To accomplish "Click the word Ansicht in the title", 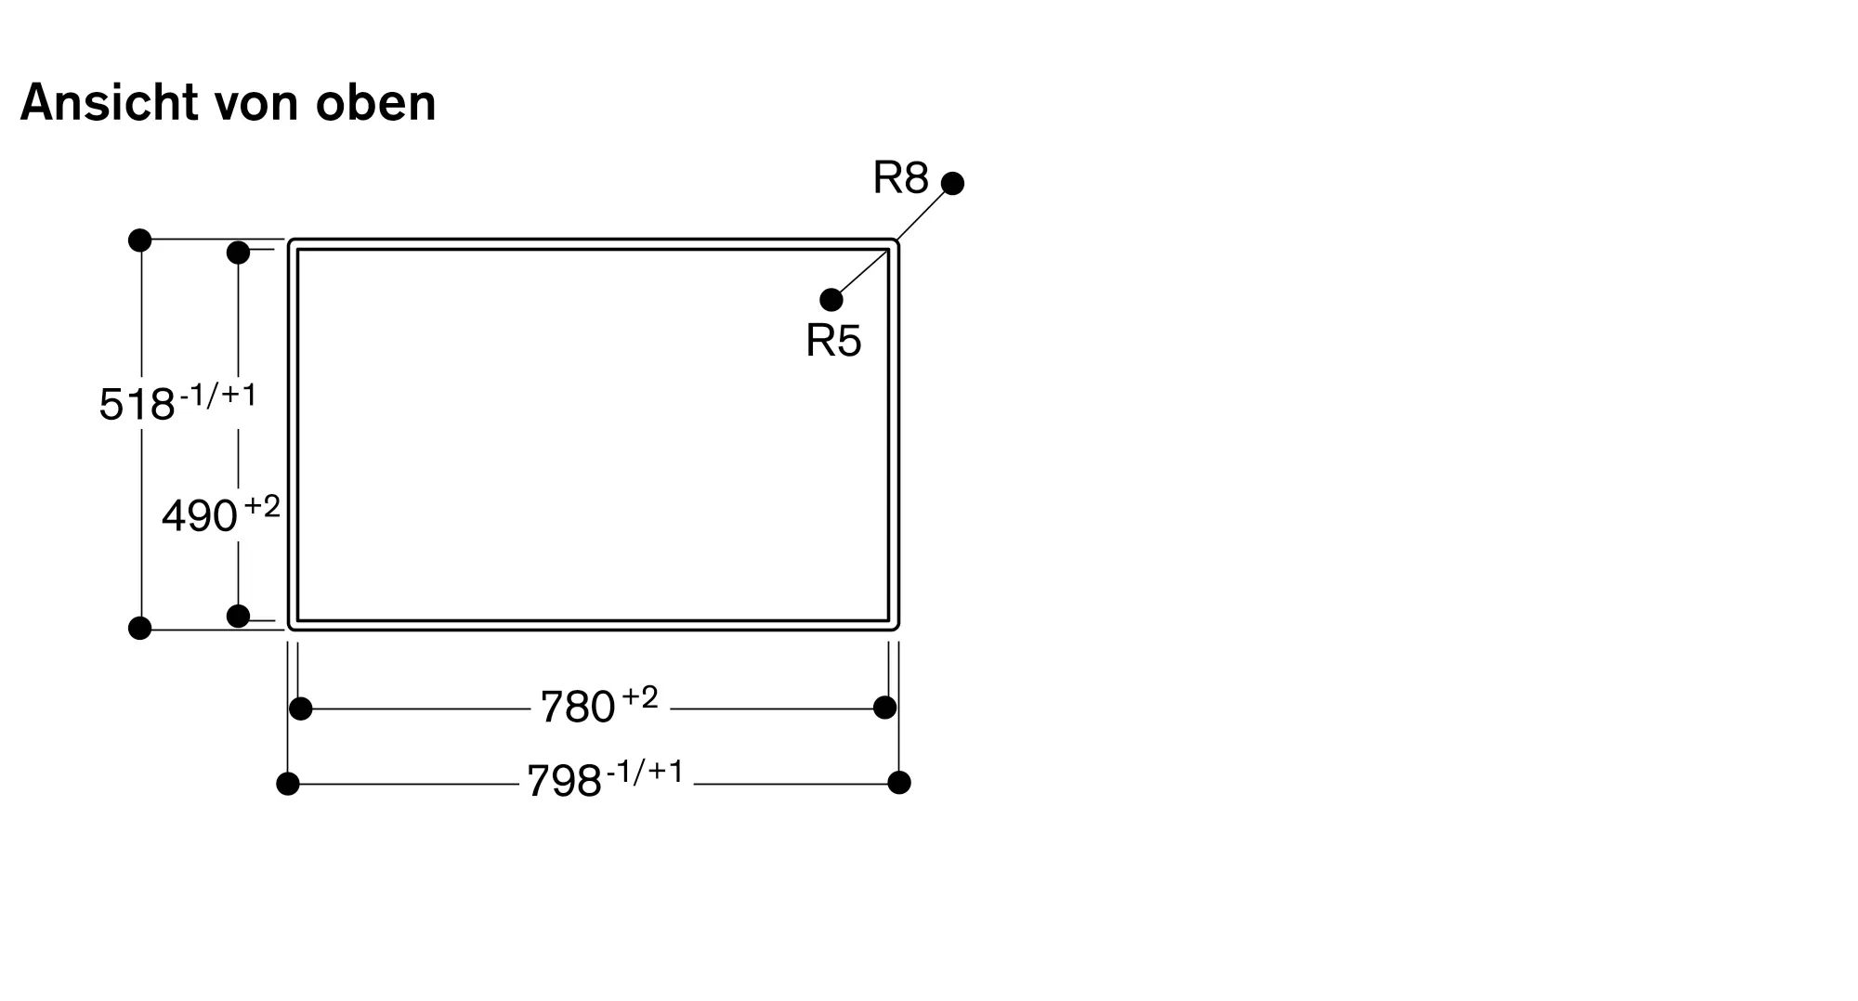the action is pos(109,102).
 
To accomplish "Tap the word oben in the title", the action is pos(375,103).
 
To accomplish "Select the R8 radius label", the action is pos(900,177).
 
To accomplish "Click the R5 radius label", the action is pos(833,341).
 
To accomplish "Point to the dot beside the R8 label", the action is pos(952,183).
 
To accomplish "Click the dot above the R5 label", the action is pos(831,300).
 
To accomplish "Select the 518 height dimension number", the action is pos(137,405).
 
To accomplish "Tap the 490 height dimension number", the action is pos(200,516).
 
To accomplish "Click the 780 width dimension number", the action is pos(578,708).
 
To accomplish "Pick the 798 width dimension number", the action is pos(564,782).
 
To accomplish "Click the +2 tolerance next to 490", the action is pos(261,507).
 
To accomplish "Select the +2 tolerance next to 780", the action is pos(639,697).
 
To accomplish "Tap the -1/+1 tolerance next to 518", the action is pos(217,396).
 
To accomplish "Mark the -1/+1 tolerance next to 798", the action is pos(645,772).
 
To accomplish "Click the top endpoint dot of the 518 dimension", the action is pos(139,240).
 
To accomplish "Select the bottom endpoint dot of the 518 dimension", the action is pos(139,629).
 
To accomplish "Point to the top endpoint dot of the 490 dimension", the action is pos(238,252).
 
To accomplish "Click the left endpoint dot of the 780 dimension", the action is pos(300,708).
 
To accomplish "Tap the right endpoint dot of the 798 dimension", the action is pos(898,783).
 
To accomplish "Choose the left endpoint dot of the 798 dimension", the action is pos(288,784).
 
